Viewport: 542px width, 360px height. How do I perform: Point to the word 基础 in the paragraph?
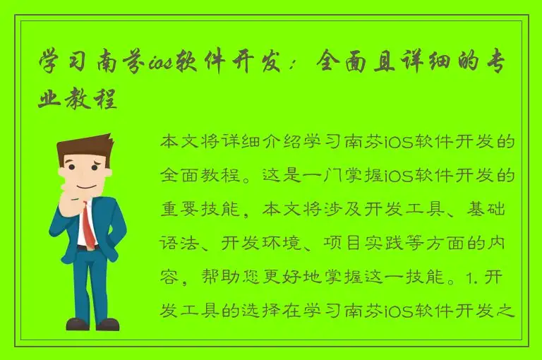[x=497, y=210]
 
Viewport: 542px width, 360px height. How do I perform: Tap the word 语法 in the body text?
[x=179, y=244]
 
